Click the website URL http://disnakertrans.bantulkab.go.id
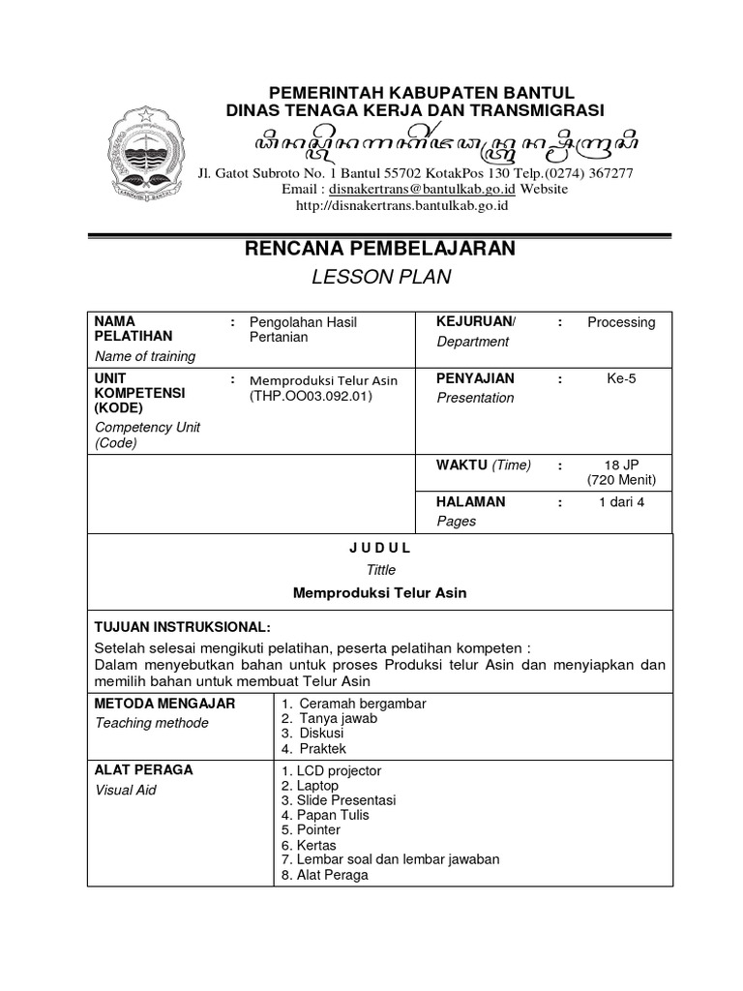click(401, 205)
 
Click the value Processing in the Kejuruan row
click(621, 322)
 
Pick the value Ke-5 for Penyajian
click(621, 378)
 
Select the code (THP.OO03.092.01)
click(311, 396)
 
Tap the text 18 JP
click(621, 465)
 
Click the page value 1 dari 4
click(621, 502)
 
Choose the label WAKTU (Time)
click(484, 465)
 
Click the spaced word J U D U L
click(380, 547)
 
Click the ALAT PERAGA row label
click(143, 770)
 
